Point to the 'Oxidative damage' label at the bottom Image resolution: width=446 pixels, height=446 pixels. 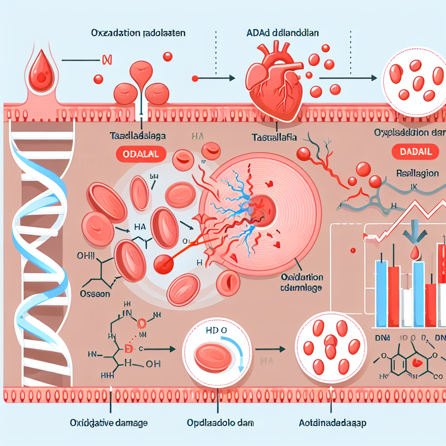(108, 422)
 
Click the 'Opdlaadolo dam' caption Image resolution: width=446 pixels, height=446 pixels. (220, 423)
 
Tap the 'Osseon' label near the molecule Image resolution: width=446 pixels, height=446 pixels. (95, 294)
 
